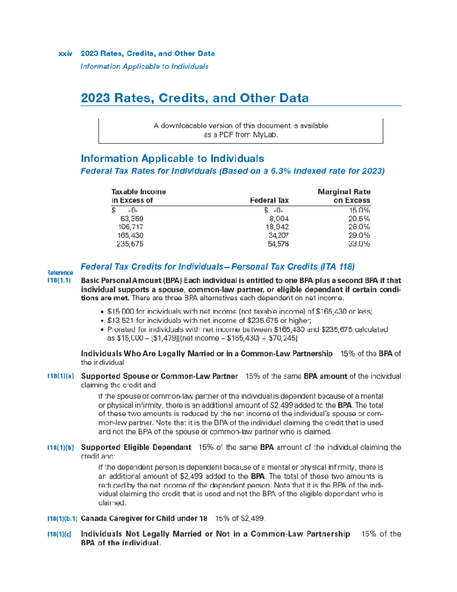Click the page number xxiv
click(66, 54)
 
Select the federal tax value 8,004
click(279, 219)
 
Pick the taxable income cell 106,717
click(131, 227)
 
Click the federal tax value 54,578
click(278, 244)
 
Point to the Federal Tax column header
click(269, 201)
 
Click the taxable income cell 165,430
click(130, 236)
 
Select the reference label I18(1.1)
click(59, 281)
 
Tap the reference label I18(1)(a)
click(61, 376)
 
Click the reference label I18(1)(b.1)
click(62, 518)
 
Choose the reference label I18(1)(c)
click(59, 534)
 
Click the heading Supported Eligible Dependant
click(136, 447)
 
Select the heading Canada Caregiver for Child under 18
click(144, 518)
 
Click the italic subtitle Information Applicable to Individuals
click(144, 66)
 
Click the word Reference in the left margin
click(60, 273)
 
